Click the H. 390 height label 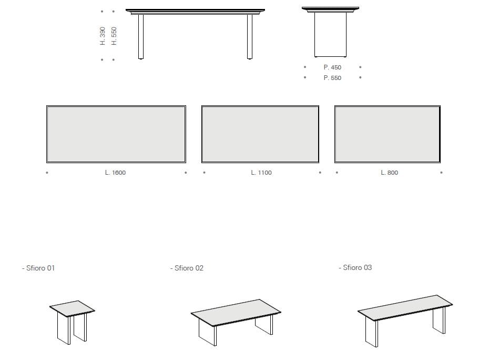103,36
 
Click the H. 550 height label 114,36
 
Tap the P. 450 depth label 332,67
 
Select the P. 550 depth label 332,78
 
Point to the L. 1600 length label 115,173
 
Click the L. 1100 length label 261,173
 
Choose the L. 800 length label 389,173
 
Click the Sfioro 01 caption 38,268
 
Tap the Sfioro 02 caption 187,268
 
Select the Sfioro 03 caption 355,267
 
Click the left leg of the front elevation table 141,37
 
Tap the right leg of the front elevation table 250,37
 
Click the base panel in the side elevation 330,35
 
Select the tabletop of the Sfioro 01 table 72,308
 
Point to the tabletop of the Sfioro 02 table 236,313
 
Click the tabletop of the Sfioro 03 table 405,307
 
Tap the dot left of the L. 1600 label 47,173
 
